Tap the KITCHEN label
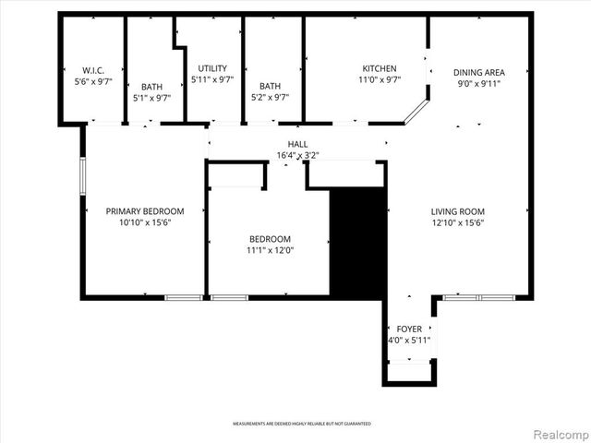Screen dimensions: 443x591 pos(380,68)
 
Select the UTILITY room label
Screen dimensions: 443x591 pos(212,68)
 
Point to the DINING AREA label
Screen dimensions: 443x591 pos(478,72)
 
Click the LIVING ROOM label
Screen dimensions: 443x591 pos(457,211)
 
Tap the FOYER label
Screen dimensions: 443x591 pos(409,329)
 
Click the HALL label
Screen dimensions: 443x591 pos(297,144)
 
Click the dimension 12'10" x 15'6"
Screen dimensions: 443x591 pos(457,222)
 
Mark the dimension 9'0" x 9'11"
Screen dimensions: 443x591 pos(478,83)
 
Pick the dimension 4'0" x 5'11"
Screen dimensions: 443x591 pos(409,341)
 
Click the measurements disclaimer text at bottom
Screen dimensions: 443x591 pos(302,424)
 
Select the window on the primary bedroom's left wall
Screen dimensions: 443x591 pos(83,175)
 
